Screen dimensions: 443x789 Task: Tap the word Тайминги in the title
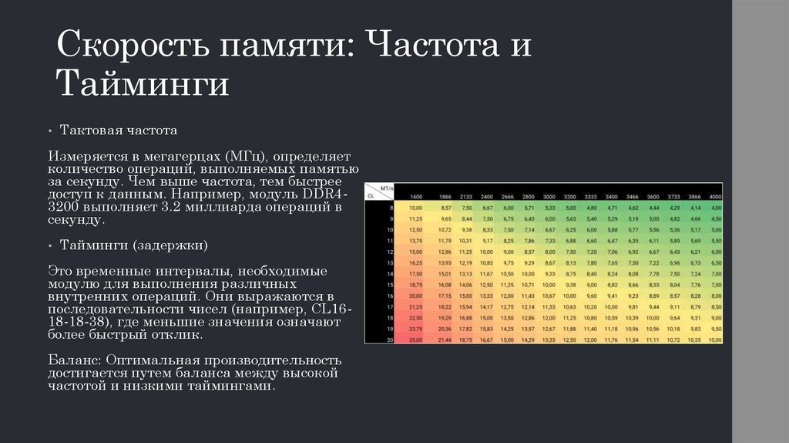pyautogui.click(x=143, y=83)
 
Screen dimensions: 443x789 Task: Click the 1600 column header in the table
pyautogui.click(x=416, y=197)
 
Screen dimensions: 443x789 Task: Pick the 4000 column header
pyautogui.click(x=715, y=197)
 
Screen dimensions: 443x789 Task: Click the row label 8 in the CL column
pyautogui.click(x=390, y=208)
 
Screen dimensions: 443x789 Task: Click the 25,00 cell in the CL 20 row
pyautogui.click(x=416, y=339)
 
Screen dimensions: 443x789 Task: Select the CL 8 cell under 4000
pyautogui.click(x=715, y=208)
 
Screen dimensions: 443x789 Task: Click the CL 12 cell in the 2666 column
pyautogui.click(x=508, y=252)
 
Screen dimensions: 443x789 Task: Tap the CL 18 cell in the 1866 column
pyautogui.click(x=445, y=317)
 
